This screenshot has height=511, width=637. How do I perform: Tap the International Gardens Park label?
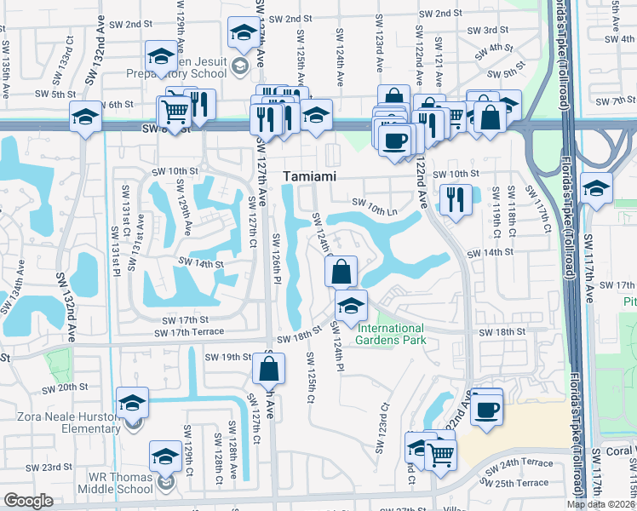390,335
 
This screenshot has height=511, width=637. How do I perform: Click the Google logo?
28,501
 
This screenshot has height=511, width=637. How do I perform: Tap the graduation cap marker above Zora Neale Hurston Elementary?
132,402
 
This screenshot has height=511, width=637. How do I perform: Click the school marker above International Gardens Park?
350,305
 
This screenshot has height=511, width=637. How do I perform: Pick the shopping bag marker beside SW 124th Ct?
341,273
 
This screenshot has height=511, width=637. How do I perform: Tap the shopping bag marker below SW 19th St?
268,369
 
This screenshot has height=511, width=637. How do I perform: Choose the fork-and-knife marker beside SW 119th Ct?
456,199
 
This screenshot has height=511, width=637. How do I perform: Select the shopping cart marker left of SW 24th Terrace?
439,454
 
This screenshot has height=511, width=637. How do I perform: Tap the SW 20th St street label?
57,387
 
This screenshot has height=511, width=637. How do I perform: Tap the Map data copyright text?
600,503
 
